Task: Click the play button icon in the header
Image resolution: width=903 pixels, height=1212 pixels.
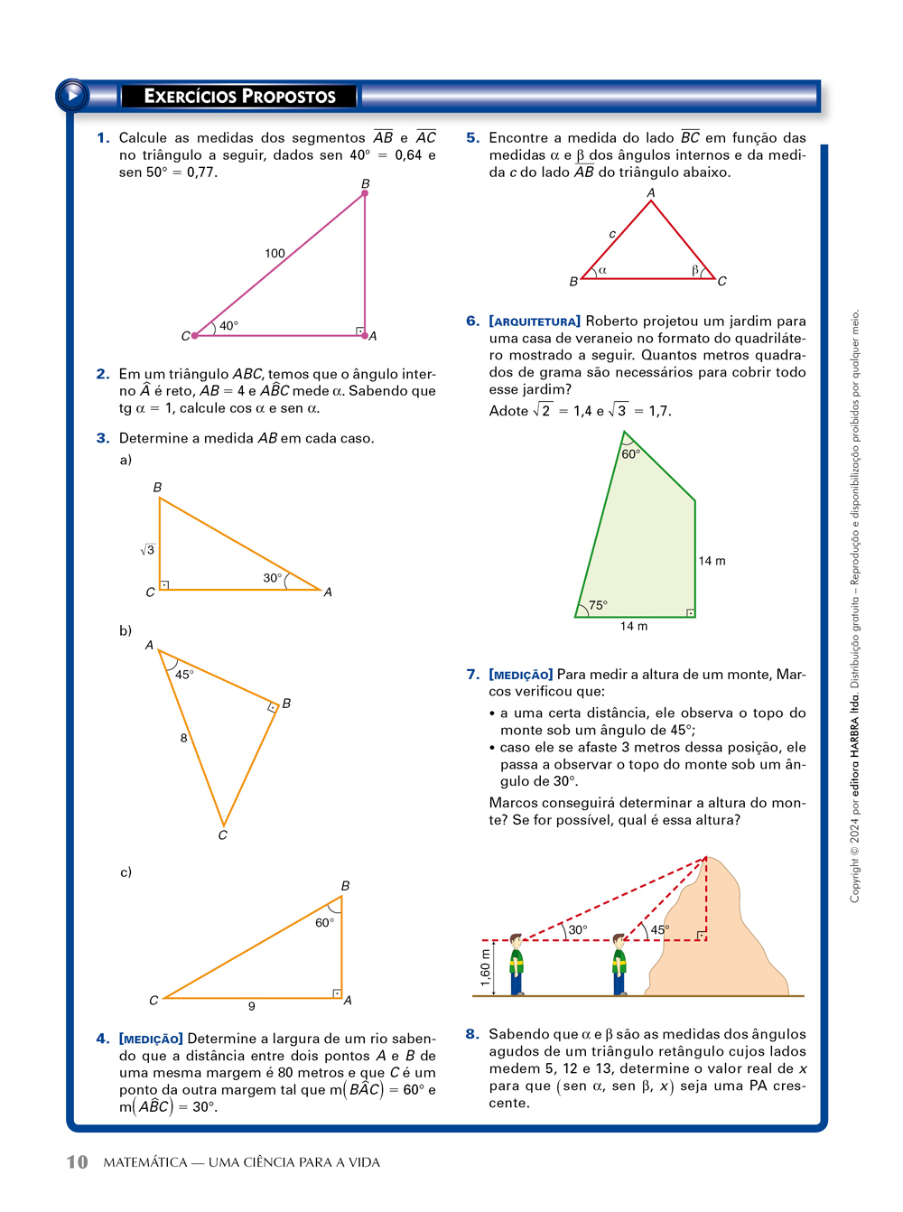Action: pyautogui.click(x=72, y=95)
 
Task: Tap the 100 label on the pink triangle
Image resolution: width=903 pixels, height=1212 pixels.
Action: pyautogui.click(x=275, y=254)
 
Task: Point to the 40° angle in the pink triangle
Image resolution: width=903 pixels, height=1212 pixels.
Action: pyautogui.click(x=228, y=325)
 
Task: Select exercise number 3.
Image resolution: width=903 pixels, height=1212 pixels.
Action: pyautogui.click(x=103, y=439)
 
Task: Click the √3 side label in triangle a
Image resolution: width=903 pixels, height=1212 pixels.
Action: pyautogui.click(x=147, y=549)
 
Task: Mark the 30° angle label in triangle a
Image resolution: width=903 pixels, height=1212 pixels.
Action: pyautogui.click(x=273, y=578)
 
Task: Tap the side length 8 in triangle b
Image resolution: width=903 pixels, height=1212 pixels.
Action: pyautogui.click(x=183, y=738)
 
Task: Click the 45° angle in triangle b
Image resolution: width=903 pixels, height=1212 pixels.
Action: pyautogui.click(x=184, y=675)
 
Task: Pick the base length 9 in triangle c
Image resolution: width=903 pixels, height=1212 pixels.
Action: pyautogui.click(x=252, y=1006)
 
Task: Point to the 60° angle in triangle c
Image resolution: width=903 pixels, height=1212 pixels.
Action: pyautogui.click(x=324, y=923)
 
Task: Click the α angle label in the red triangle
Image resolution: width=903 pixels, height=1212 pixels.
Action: pyautogui.click(x=602, y=270)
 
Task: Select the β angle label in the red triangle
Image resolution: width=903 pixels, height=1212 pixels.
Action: pyautogui.click(x=695, y=270)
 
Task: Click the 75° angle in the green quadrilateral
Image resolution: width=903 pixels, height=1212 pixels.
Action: pyautogui.click(x=598, y=606)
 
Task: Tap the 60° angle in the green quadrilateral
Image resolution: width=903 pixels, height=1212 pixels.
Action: pyautogui.click(x=630, y=454)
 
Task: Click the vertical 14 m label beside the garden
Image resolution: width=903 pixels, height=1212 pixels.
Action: pyautogui.click(x=712, y=561)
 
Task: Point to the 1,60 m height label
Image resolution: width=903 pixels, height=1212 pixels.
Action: pyautogui.click(x=486, y=967)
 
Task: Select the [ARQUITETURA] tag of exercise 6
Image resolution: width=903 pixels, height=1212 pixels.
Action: pyautogui.click(x=535, y=322)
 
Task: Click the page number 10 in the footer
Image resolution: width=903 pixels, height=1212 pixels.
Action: pyautogui.click(x=78, y=1162)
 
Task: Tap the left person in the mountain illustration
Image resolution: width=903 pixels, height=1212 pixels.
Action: pyautogui.click(x=517, y=965)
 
